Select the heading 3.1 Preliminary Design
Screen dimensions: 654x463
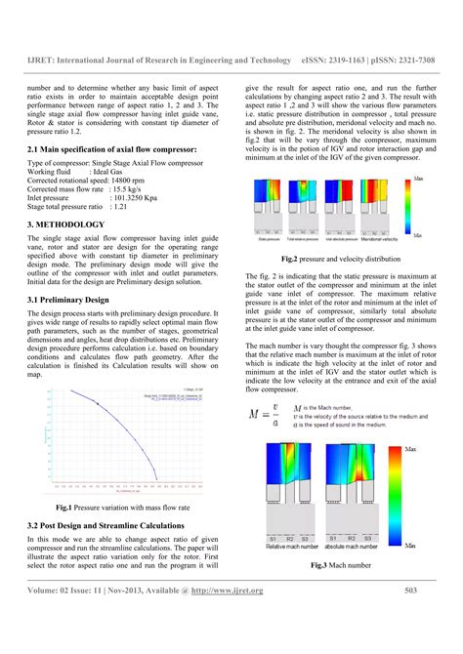coord(70,299)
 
